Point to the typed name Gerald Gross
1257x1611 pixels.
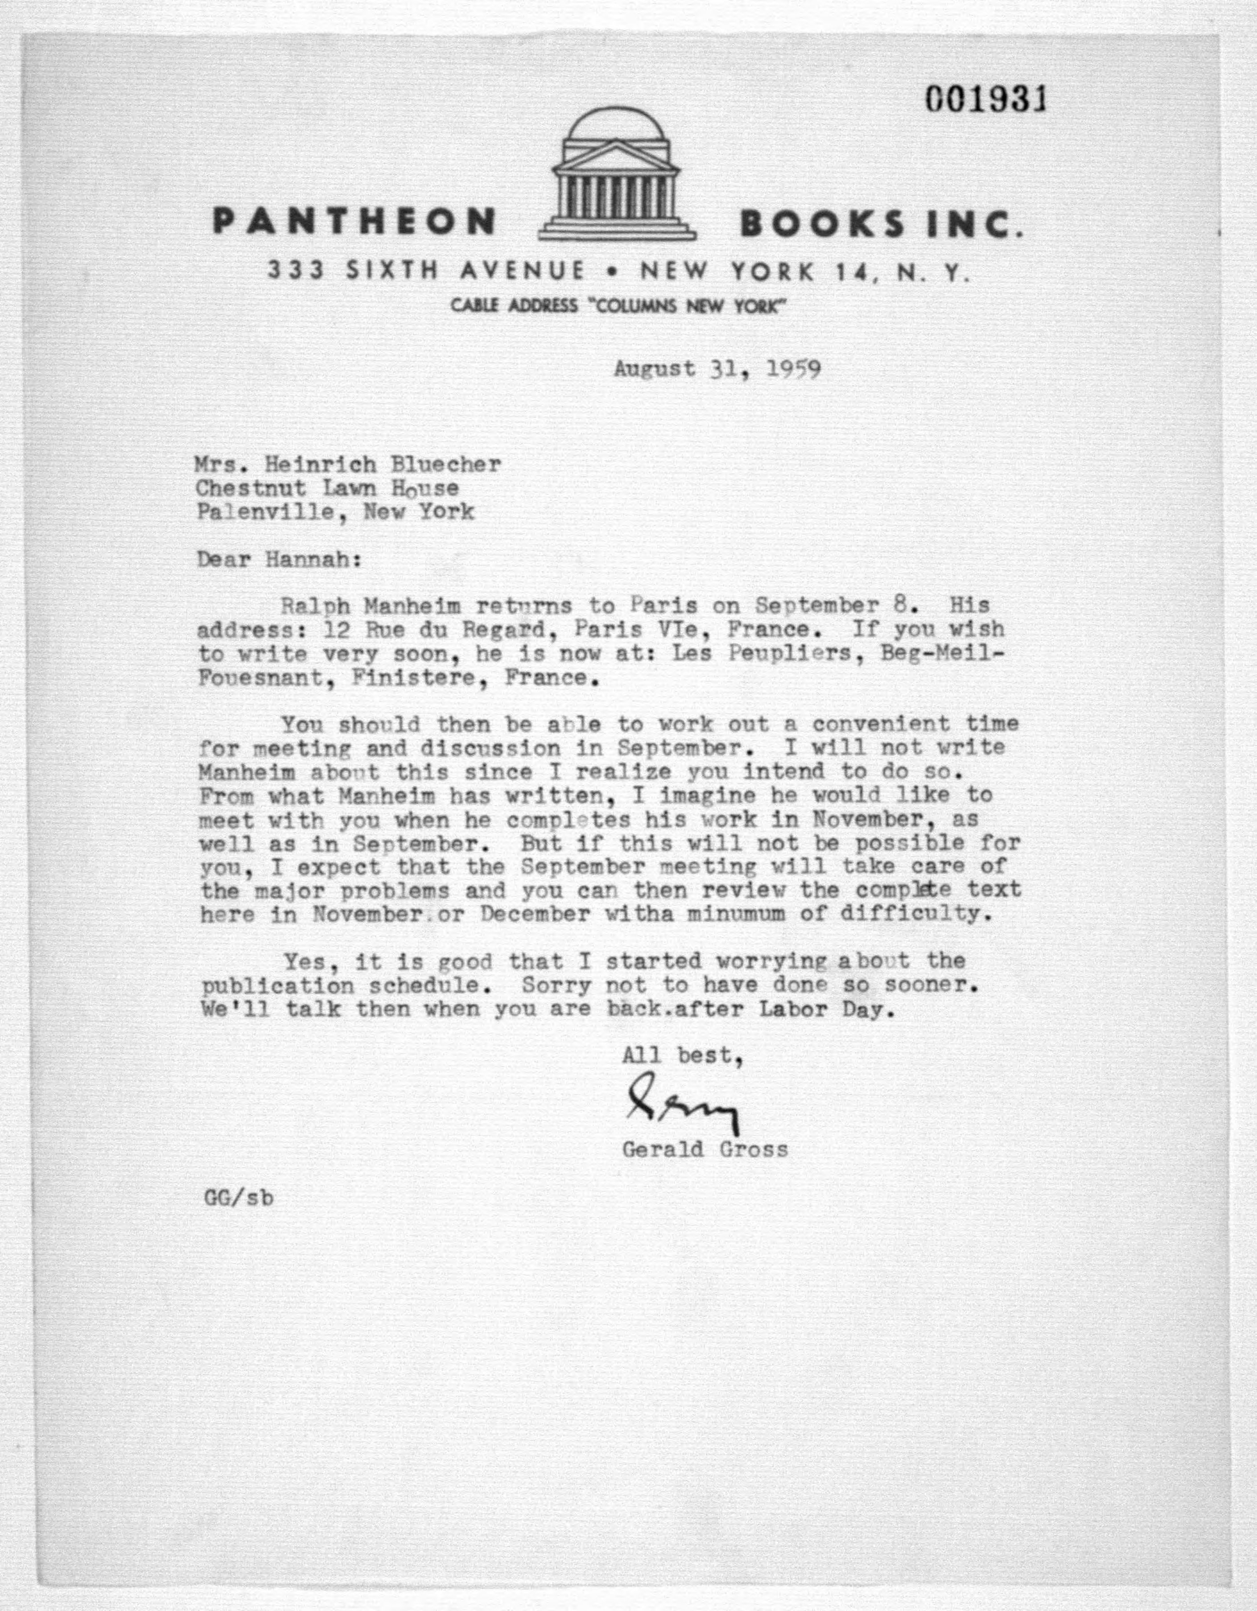(x=705, y=1149)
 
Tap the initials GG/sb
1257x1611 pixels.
(x=238, y=1198)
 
